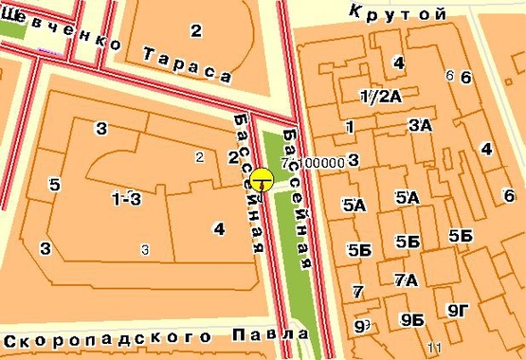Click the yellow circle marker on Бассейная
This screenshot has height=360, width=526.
click(262, 178)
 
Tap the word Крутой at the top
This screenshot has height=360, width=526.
click(397, 12)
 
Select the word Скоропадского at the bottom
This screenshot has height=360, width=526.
click(110, 338)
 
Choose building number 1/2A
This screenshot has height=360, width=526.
click(381, 96)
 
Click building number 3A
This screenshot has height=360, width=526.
click(420, 125)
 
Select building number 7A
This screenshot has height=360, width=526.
click(406, 279)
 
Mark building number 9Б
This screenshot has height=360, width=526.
click(411, 319)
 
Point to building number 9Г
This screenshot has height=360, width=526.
click(459, 310)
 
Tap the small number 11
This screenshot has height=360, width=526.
click(435, 347)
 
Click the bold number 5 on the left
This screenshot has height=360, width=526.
click(55, 185)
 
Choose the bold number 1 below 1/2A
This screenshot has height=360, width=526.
click(350, 127)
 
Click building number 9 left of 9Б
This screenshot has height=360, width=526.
click(359, 326)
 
